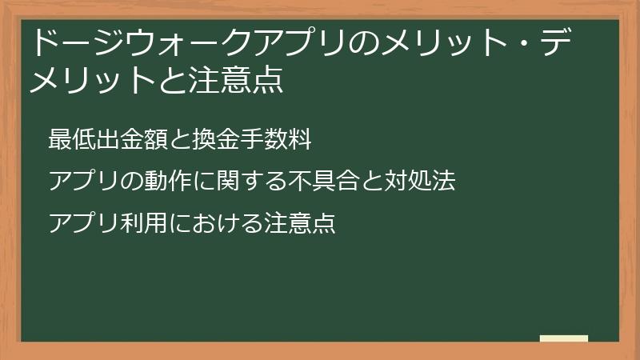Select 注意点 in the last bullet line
(300, 223)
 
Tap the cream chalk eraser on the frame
(564, 338)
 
